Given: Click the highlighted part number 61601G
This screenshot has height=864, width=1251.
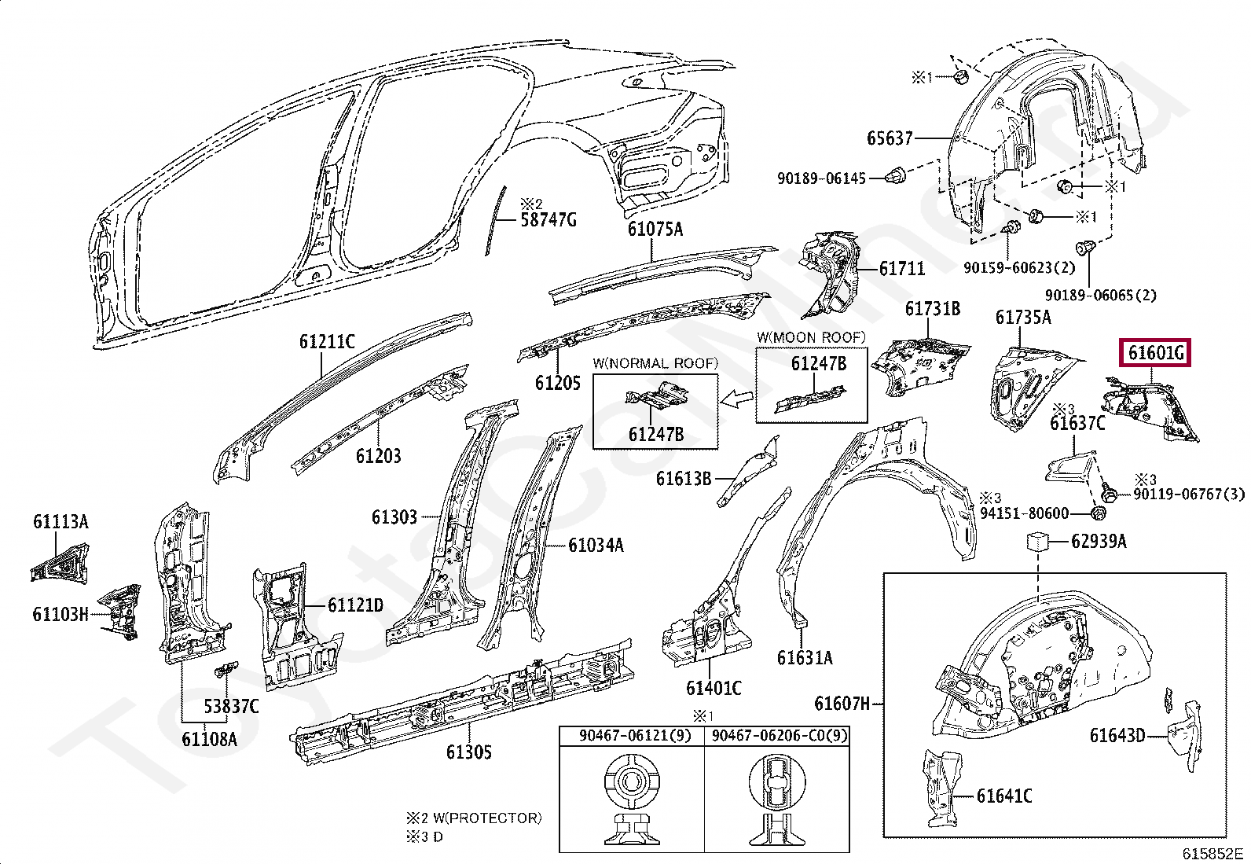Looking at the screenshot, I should coord(1155,353).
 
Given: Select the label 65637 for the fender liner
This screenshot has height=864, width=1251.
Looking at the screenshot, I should coord(890,138).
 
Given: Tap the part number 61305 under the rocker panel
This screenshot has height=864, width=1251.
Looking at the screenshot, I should coord(468,752).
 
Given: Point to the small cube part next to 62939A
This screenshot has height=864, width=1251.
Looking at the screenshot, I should coord(1039,541).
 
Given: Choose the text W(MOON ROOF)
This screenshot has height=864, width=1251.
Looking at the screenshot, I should coord(811,337).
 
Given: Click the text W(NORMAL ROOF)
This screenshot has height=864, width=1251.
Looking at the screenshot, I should coord(655,363).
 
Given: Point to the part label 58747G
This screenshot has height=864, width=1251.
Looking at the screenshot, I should coord(548,219).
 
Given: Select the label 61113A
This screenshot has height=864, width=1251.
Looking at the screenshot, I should coord(61,521).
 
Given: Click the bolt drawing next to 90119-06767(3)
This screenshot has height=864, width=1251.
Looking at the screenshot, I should coord(1110,495).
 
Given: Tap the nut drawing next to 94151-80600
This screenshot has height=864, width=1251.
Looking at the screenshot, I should coord(1099,513).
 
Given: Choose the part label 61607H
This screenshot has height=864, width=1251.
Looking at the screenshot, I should coord(842,703).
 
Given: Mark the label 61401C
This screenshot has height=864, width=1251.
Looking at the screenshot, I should coord(713,688).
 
